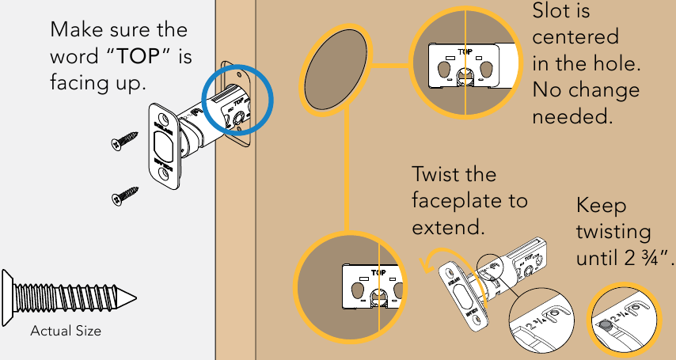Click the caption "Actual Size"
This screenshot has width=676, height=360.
(66, 331)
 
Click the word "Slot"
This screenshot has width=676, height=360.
(555, 13)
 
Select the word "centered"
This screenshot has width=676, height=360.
(575, 38)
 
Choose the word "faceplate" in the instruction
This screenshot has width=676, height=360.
(458, 200)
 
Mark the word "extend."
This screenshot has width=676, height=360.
(446, 227)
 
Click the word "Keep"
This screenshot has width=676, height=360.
(601, 206)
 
